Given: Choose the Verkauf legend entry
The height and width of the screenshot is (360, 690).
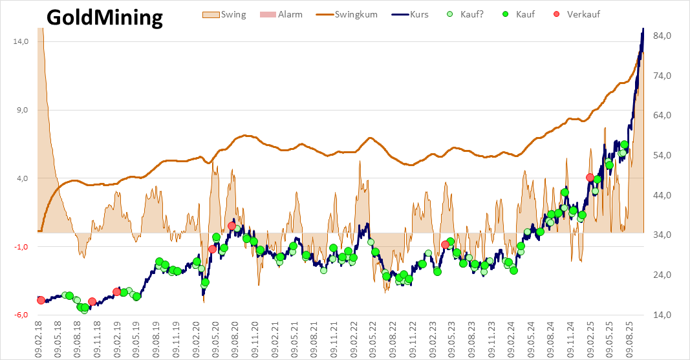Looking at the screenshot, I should [x=583, y=14].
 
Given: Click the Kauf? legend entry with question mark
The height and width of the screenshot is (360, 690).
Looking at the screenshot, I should [x=474, y=14].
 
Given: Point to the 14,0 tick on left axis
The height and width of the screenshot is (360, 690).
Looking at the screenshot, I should [x=21, y=41].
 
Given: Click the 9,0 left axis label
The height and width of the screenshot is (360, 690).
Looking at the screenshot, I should [x=23, y=110].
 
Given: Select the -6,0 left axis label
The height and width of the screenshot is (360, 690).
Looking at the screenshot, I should [x=22, y=315].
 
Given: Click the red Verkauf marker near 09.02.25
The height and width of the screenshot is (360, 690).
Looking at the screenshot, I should [x=590, y=177].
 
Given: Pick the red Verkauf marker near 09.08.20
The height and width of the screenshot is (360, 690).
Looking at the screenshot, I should [x=232, y=226].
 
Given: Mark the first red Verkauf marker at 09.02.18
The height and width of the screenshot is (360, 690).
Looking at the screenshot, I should [x=41, y=300].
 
